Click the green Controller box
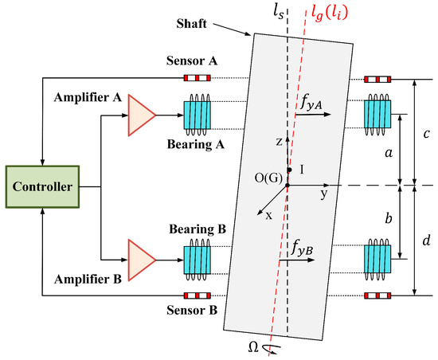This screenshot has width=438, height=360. click(41, 187)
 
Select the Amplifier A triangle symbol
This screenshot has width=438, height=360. click(141, 115)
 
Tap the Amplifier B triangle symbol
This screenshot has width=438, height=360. click(141, 259)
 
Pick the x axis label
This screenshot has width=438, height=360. click(268, 216)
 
